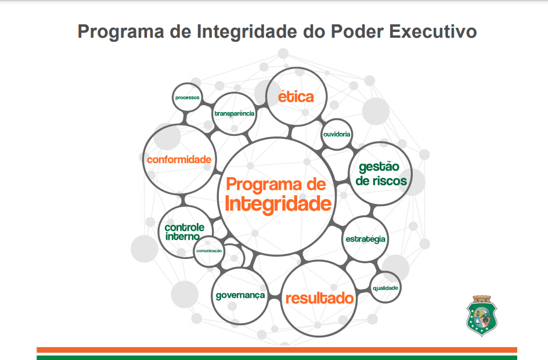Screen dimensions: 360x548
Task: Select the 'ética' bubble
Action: pos(295,97)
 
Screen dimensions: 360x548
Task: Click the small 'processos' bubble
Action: pos(187,98)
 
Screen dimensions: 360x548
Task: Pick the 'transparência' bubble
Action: pos(235,113)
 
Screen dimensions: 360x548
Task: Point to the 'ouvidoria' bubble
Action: pos(337,134)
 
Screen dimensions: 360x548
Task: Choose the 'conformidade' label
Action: pos(179,159)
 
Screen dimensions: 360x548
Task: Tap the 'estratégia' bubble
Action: pos(365,239)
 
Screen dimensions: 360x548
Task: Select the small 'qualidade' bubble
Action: pos(385,288)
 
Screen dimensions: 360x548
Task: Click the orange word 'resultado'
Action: pos(319,298)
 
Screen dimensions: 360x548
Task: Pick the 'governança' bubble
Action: pos(240,296)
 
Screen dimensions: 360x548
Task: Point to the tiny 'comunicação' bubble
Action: pos(209,251)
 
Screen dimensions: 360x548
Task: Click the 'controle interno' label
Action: pos(183,232)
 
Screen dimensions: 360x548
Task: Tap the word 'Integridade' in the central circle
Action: pos(278,204)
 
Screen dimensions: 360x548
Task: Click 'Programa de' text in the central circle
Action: pos(276,185)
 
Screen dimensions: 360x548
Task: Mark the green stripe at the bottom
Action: pos(276,357)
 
